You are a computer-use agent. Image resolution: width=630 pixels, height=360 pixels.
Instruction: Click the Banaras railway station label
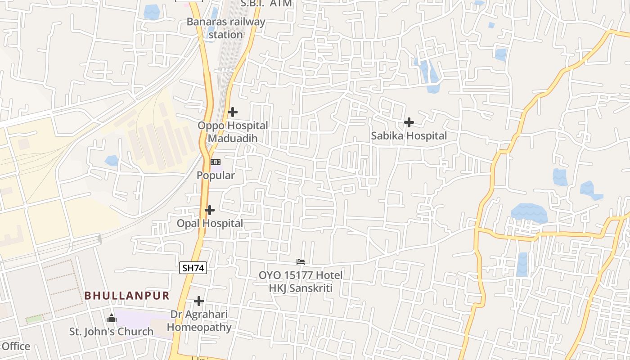226,28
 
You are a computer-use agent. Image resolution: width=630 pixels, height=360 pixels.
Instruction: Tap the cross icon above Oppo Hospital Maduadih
233,112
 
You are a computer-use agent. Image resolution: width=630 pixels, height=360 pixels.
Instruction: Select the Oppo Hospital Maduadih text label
233,132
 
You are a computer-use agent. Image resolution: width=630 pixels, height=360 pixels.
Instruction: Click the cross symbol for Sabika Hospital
409,122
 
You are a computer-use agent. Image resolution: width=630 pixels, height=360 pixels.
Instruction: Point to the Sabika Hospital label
409,136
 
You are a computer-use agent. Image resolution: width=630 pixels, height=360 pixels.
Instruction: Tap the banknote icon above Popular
216,162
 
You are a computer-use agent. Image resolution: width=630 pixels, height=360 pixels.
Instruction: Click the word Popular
216,175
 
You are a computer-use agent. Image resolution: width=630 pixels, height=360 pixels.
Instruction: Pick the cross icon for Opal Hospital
210,210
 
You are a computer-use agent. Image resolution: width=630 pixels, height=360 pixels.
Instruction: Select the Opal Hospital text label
210,223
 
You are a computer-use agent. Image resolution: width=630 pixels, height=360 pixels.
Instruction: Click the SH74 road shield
193,268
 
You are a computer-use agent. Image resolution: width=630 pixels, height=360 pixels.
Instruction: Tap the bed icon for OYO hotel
301,261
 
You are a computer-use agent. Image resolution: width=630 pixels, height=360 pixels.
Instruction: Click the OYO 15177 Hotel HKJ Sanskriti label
301,281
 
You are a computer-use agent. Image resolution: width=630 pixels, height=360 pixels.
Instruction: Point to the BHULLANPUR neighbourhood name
127,296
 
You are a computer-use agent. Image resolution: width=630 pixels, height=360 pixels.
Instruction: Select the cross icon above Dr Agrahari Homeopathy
199,301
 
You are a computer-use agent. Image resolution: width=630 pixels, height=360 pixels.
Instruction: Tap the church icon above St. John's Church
112,319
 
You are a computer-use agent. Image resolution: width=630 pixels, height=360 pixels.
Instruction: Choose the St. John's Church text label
111,332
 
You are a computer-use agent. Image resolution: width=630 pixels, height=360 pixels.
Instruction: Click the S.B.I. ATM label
266,4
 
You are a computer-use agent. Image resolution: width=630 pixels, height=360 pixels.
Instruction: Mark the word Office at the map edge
16,346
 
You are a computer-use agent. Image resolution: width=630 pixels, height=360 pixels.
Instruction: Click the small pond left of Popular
111,161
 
